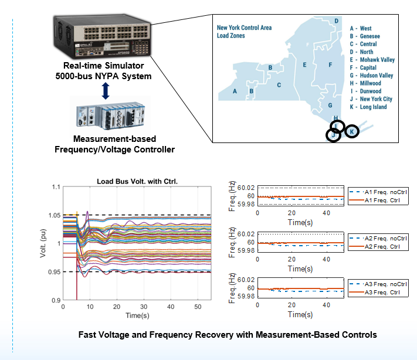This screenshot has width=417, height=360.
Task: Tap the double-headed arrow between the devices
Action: point(105,90)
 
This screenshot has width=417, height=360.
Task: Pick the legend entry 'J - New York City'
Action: point(371,99)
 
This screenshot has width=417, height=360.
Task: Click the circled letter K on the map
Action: point(351,132)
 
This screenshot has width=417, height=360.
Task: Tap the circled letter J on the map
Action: point(333,135)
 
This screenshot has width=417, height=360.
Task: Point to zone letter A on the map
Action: point(235,91)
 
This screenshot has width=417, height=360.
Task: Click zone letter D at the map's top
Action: point(336,21)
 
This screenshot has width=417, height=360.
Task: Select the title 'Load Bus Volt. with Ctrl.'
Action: point(137,181)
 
